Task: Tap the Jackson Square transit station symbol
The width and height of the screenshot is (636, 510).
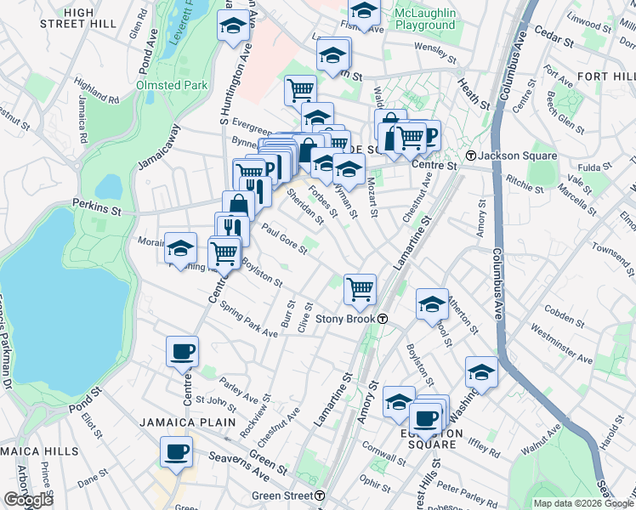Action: point(471,156)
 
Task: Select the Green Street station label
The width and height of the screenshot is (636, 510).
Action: point(281,495)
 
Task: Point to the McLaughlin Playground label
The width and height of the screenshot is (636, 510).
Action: point(424,19)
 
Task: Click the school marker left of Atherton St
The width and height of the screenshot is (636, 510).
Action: point(432,303)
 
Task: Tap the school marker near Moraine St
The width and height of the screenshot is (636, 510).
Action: point(180,248)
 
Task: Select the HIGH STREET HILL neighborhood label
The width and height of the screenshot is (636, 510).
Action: point(79,18)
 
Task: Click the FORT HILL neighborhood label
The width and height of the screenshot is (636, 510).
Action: point(605,76)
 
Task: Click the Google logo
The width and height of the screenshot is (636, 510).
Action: point(27,500)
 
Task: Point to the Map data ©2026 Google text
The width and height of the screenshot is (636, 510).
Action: point(583,503)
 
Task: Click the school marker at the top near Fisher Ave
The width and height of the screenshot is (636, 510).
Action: point(364,13)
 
